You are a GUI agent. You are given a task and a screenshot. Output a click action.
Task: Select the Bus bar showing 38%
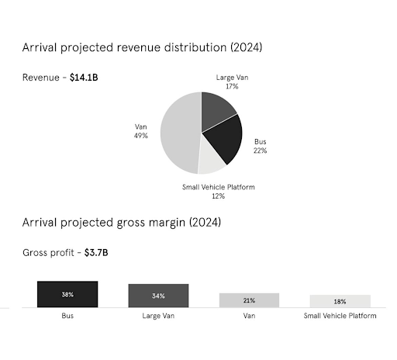[67, 294]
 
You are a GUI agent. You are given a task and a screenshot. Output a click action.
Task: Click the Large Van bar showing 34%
[158, 296]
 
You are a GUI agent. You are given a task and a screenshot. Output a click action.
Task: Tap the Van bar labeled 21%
[249, 300]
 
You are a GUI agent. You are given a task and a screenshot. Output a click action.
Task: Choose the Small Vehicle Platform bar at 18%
[340, 301]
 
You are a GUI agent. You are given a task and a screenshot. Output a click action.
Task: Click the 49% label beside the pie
[141, 135]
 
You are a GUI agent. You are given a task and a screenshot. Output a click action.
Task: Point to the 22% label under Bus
[260, 151]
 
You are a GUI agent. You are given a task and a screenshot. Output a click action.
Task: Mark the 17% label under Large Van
[232, 87]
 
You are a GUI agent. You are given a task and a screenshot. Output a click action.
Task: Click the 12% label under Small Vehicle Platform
[219, 196]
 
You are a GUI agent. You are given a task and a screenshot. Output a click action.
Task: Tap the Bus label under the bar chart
[67, 316]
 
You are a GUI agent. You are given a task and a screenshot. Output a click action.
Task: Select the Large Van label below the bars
[158, 316]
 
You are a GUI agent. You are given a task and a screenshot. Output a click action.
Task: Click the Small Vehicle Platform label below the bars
[340, 316]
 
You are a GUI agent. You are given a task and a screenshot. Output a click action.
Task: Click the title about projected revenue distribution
[142, 47]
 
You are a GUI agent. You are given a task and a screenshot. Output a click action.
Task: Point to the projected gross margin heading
[122, 223]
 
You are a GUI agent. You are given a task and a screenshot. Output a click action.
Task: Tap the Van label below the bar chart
[249, 316]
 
